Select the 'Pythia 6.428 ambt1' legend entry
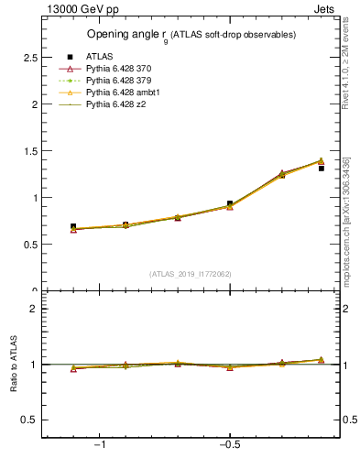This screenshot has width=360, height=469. tap(122, 93)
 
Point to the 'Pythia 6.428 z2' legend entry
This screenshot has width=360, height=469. tap(116, 105)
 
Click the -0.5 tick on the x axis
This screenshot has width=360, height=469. tap(229, 445)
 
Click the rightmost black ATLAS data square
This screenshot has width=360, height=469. tap(322, 169)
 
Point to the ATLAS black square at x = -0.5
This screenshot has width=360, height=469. tap(230, 203)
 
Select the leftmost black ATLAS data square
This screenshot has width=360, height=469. tap(73, 226)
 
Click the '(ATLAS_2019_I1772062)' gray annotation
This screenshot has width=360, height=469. tap(191, 274)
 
